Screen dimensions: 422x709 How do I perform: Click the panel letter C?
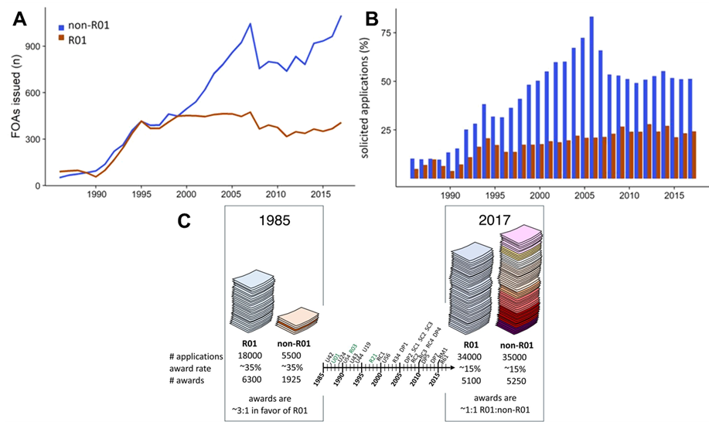185,221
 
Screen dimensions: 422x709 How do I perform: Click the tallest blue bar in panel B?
591,97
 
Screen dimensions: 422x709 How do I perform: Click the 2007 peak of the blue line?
250,24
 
